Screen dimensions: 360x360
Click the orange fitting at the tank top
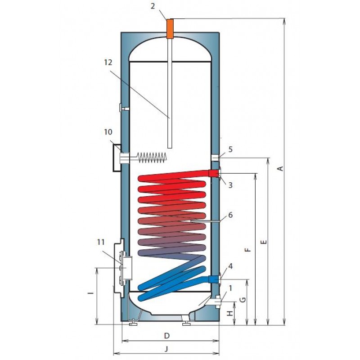pos(170,28)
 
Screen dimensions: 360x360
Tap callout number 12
pos(108,63)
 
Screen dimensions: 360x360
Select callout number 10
pos(108,132)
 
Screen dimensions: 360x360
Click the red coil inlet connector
pos(213,173)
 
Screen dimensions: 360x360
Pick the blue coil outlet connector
pos(213,279)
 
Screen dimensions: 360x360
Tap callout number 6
pos(230,215)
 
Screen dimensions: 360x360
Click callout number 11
pos(101,242)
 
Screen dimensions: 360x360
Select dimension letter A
pos(280,169)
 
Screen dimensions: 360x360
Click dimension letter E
pos(264,242)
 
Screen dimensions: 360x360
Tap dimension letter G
pos(243,300)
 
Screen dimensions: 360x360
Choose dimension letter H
pos(230,313)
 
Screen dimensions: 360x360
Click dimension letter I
pos(92,293)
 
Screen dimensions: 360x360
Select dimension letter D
pos(167,336)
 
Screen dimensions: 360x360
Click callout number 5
pos(230,149)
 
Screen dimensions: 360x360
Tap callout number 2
pos(153,6)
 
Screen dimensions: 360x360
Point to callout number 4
pos(230,266)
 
